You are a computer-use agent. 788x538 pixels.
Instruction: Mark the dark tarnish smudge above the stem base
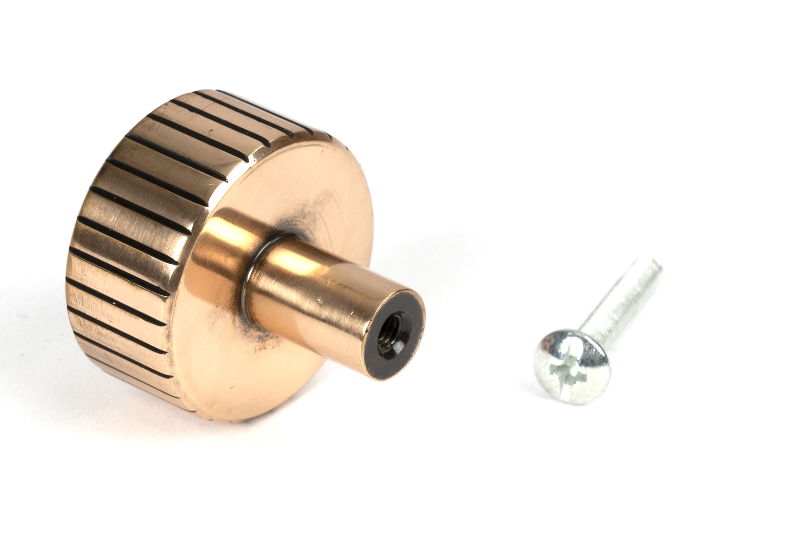(x=299, y=221)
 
